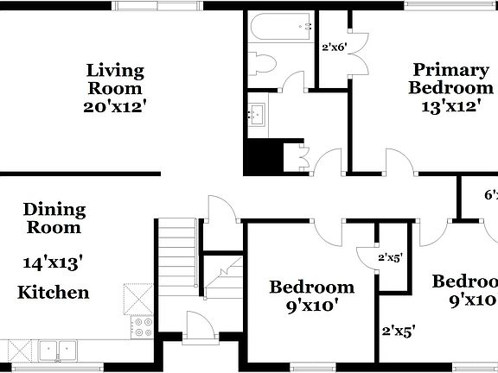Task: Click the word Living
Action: click(x=114, y=70)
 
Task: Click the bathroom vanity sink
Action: click(x=257, y=112)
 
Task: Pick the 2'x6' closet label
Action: click(x=333, y=47)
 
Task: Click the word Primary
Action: click(x=450, y=70)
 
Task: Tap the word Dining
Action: click(x=54, y=209)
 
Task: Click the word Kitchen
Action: click(x=54, y=292)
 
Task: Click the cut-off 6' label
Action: click(x=490, y=196)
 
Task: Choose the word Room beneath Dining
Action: click(x=54, y=228)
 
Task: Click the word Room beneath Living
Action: click(x=114, y=88)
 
